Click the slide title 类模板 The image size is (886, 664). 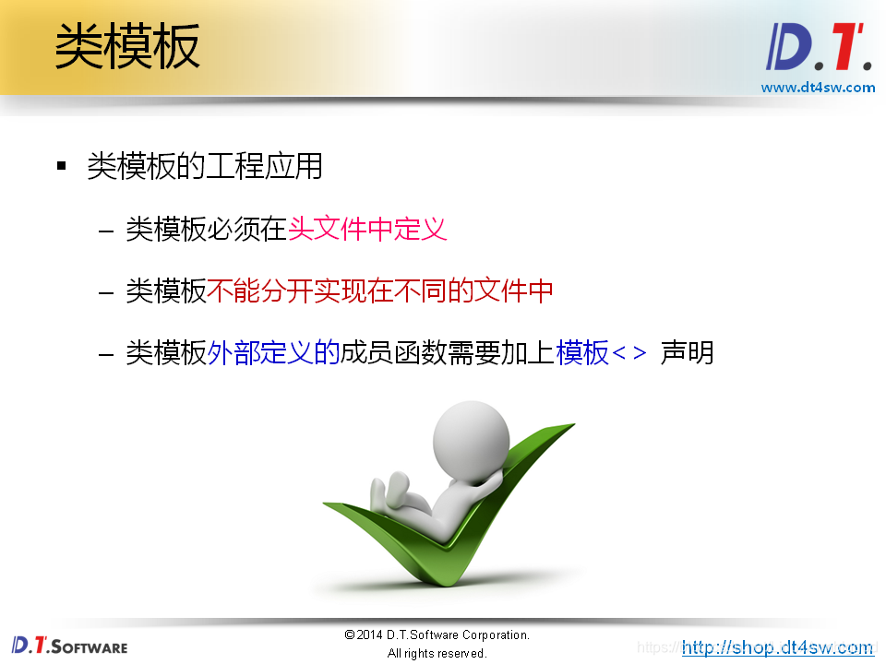tap(127, 46)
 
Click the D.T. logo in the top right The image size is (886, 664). tap(818, 49)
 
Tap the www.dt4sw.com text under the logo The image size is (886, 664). tap(818, 88)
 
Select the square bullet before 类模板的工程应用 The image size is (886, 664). tap(62, 166)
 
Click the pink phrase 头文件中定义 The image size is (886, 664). tap(367, 229)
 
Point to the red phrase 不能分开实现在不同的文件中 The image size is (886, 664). tap(380, 290)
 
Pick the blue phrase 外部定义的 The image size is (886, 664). tap(274, 352)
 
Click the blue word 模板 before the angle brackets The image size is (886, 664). tap(582, 352)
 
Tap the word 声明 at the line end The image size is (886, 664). tap(688, 352)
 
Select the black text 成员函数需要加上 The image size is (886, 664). tap(449, 352)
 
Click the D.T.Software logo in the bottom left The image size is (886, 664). tap(69, 646)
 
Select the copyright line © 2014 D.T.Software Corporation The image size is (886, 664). tap(437, 635)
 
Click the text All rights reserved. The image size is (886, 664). tap(437, 653)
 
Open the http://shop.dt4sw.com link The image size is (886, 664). tap(777, 647)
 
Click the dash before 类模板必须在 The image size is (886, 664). tap(106, 230)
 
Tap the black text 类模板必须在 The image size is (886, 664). tap(206, 229)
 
